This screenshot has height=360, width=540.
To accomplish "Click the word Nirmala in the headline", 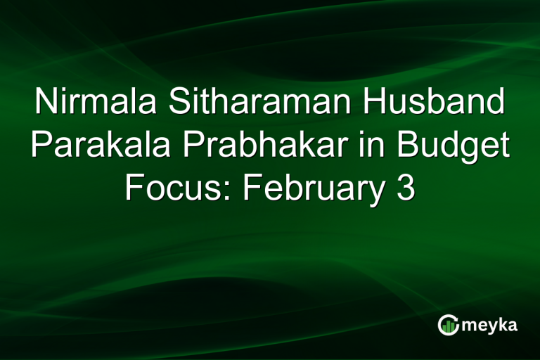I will coord(91,104).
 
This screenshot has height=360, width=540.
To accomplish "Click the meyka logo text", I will coord(490,325).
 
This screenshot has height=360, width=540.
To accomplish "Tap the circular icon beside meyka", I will coord(447,325).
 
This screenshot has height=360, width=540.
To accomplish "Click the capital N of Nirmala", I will coord(44,104).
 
